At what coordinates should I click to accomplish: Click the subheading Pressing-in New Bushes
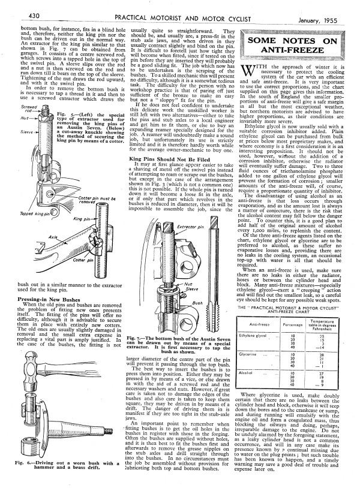click(37, 297)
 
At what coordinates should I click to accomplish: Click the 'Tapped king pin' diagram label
click(18, 213)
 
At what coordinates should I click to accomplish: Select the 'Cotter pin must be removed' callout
click(91, 202)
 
